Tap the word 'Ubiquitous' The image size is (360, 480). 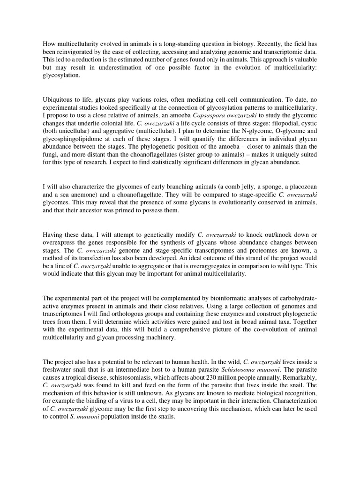60,99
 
